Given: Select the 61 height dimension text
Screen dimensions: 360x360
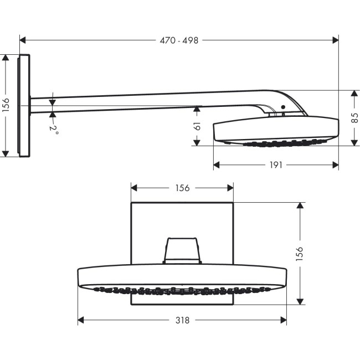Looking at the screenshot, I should (x=197, y=126).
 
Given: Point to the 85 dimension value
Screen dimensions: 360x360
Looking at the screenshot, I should (x=354, y=118).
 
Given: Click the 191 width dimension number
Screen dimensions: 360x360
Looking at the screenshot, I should (x=275, y=164).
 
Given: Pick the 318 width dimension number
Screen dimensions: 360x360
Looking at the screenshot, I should (x=182, y=320).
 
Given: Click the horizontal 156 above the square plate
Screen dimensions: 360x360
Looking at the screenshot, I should (x=182, y=188).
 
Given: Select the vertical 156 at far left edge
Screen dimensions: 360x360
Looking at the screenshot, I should (x=6, y=105).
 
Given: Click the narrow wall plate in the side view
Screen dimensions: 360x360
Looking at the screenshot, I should (x=24, y=105).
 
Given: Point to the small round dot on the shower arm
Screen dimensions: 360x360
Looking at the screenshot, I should (x=282, y=107).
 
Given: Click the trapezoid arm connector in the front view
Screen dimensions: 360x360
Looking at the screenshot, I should (x=182, y=250).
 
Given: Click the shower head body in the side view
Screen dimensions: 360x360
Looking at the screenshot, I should (x=275, y=130).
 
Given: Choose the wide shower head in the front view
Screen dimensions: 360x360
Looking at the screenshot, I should (x=182, y=277).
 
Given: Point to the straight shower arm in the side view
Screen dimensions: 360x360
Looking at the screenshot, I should (x=138, y=100).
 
